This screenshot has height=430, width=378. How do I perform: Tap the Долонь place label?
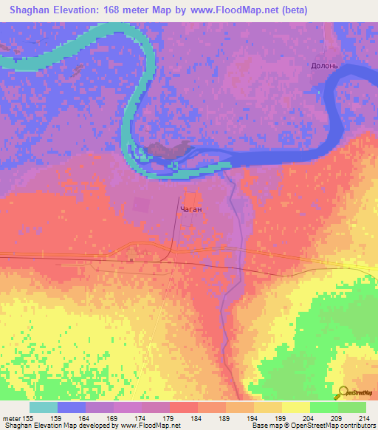(x=324, y=65)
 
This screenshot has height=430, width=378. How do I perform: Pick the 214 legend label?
(x=361, y=417)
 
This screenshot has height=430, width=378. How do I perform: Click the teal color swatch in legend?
(x=44, y=407)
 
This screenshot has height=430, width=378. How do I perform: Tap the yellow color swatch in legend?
(x=295, y=407)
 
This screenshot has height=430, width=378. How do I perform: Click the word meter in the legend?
(x=13, y=417)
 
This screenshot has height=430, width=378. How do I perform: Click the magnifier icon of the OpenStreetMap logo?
(x=343, y=392)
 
